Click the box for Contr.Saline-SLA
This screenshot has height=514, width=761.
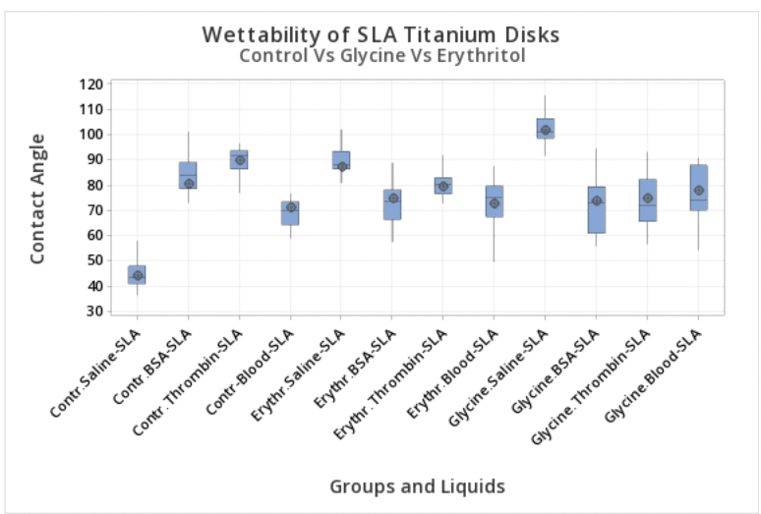[137, 274]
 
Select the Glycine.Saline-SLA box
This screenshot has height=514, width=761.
[545, 128]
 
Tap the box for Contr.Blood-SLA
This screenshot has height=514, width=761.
[290, 213]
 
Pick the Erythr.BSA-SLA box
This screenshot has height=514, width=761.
[392, 204]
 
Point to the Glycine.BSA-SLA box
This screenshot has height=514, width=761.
[596, 209]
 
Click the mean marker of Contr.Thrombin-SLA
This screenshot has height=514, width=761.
[240, 160]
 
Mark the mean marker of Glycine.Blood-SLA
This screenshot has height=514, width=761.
[698, 191]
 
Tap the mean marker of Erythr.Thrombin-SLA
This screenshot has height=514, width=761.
[443, 186]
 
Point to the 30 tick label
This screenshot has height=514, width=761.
[93, 312]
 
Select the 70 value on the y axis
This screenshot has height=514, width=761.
[93, 210]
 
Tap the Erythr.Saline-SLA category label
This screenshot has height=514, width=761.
[312, 374]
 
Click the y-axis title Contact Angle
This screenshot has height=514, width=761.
[38, 198]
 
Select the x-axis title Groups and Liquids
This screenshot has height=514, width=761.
[417, 485]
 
